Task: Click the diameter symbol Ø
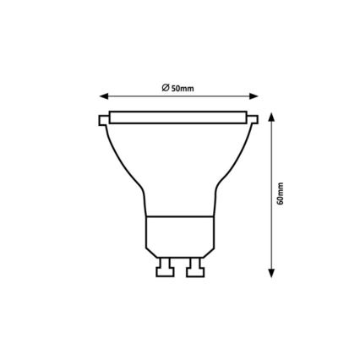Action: (x=161, y=87)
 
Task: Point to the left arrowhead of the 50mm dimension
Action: (x=103, y=95)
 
